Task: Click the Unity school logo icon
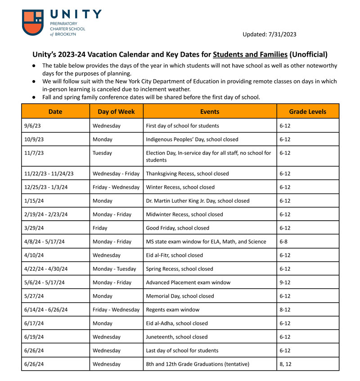tap(33, 23)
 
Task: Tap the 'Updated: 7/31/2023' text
tap(269, 34)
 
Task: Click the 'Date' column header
tap(55, 111)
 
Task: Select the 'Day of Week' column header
tap(116, 111)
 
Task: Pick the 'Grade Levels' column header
tap(307, 111)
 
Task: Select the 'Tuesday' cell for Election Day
tap(102, 153)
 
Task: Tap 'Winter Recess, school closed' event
tap(180, 187)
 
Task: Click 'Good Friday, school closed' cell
tap(178, 228)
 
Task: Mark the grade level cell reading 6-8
tap(283, 242)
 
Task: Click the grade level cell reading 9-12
tap(285, 282)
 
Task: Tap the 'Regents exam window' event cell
tap(173, 310)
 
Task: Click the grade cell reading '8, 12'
tap(285, 364)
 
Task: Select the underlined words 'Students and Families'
tap(250, 54)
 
